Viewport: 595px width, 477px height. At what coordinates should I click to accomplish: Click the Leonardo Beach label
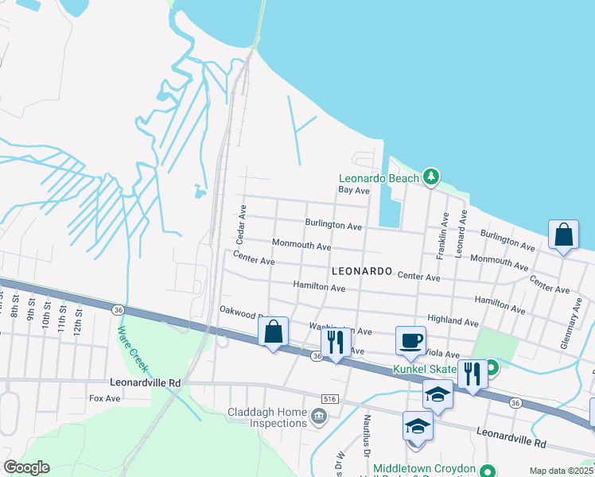tap(379, 178)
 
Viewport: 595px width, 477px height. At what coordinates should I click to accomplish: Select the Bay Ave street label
tap(354, 191)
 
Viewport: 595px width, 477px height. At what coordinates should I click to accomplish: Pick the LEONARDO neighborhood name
tap(362, 271)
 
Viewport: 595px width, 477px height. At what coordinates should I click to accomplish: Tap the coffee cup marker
tap(411, 340)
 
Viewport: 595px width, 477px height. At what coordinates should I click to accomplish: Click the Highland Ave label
tap(453, 322)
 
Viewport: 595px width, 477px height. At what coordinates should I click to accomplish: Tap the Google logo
tap(26, 467)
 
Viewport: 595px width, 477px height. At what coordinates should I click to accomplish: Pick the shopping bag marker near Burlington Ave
tap(563, 236)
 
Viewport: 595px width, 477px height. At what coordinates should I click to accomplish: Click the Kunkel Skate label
tap(423, 369)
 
